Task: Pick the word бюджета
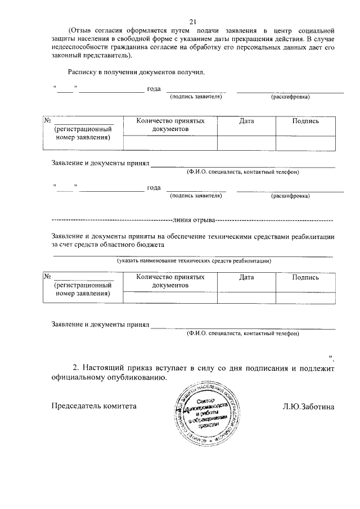[x=149, y=245]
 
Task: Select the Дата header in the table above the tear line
[x=246, y=121]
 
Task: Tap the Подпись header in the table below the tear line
[x=305, y=277]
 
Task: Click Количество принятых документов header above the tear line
[x=170, y=125]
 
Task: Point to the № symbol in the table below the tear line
[x=48, y=277]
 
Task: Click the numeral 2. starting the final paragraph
[x=78, y=369]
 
